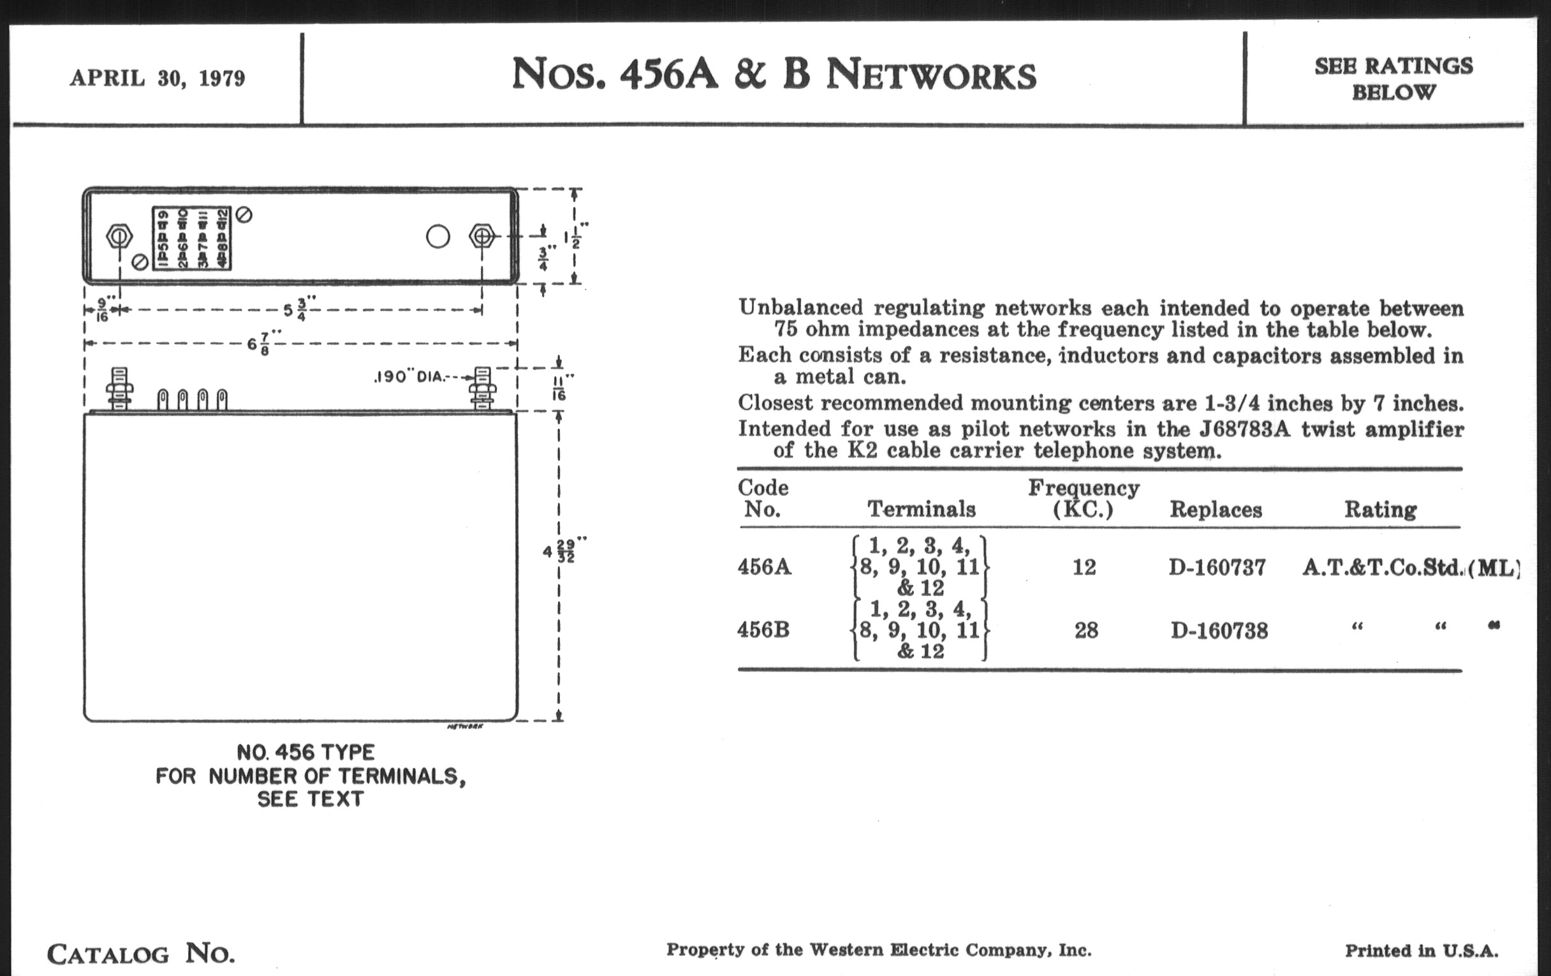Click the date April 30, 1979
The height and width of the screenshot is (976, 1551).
157,78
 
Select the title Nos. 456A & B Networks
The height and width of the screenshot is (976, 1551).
774,75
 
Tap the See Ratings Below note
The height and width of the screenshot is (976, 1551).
1393,78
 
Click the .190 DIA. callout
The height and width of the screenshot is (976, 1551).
409,377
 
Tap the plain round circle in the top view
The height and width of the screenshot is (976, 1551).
438,237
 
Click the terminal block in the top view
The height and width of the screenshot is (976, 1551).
191,238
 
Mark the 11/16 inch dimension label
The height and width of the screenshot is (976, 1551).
560,388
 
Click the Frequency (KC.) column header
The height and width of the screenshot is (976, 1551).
1084,498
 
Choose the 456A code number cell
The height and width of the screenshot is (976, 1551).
764,568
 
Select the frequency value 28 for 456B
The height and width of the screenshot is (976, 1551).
1086,630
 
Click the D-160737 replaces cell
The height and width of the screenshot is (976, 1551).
1217,568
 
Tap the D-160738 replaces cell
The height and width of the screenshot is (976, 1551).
1219,631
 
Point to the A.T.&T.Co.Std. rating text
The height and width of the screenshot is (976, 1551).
1381,568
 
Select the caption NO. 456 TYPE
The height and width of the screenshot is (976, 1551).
305,753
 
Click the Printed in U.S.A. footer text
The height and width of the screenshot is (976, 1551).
1422,951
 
